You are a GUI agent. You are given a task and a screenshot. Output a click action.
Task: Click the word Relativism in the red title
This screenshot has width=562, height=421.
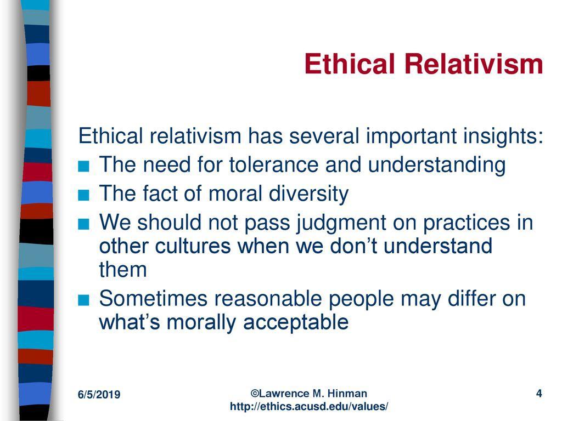pos(474,64)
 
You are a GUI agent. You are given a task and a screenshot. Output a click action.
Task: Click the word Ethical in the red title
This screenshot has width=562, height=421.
pos(350,64)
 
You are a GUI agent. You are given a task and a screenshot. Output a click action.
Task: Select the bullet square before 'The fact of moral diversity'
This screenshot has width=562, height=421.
pos(83,195)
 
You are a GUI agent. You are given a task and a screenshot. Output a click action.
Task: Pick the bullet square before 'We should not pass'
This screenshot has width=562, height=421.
pos(83,224)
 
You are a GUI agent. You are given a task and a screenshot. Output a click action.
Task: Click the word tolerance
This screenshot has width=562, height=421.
pos(274,164)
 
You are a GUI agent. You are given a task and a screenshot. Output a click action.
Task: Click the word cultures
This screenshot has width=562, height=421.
pos(193,246)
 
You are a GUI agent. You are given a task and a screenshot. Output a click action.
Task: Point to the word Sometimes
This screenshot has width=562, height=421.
pos(154,299)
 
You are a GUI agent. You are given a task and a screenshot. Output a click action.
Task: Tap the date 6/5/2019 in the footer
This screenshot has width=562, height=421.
pos(99,395)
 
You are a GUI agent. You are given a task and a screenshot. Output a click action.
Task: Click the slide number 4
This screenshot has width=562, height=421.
pos(539,394)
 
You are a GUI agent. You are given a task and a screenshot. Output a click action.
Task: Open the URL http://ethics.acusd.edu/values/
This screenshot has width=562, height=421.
pos(309,407)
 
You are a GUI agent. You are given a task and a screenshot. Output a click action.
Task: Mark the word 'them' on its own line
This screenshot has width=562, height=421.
pos(123,270)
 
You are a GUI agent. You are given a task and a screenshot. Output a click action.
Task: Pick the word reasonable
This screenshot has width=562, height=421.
pos(268,299)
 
